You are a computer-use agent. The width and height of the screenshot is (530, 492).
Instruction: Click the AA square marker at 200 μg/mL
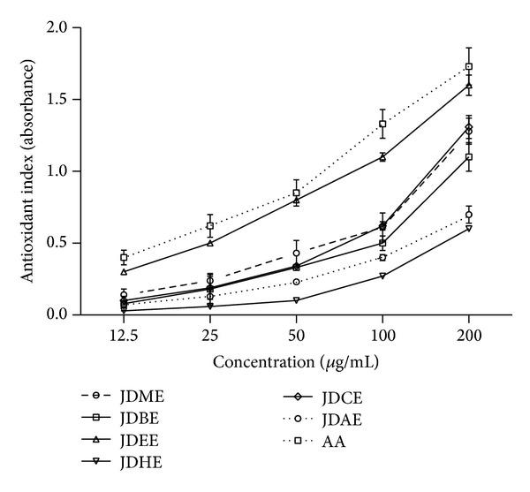[x=469, y=66]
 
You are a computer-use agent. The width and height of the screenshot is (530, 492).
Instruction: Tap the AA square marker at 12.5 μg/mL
[x=124, y=257]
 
